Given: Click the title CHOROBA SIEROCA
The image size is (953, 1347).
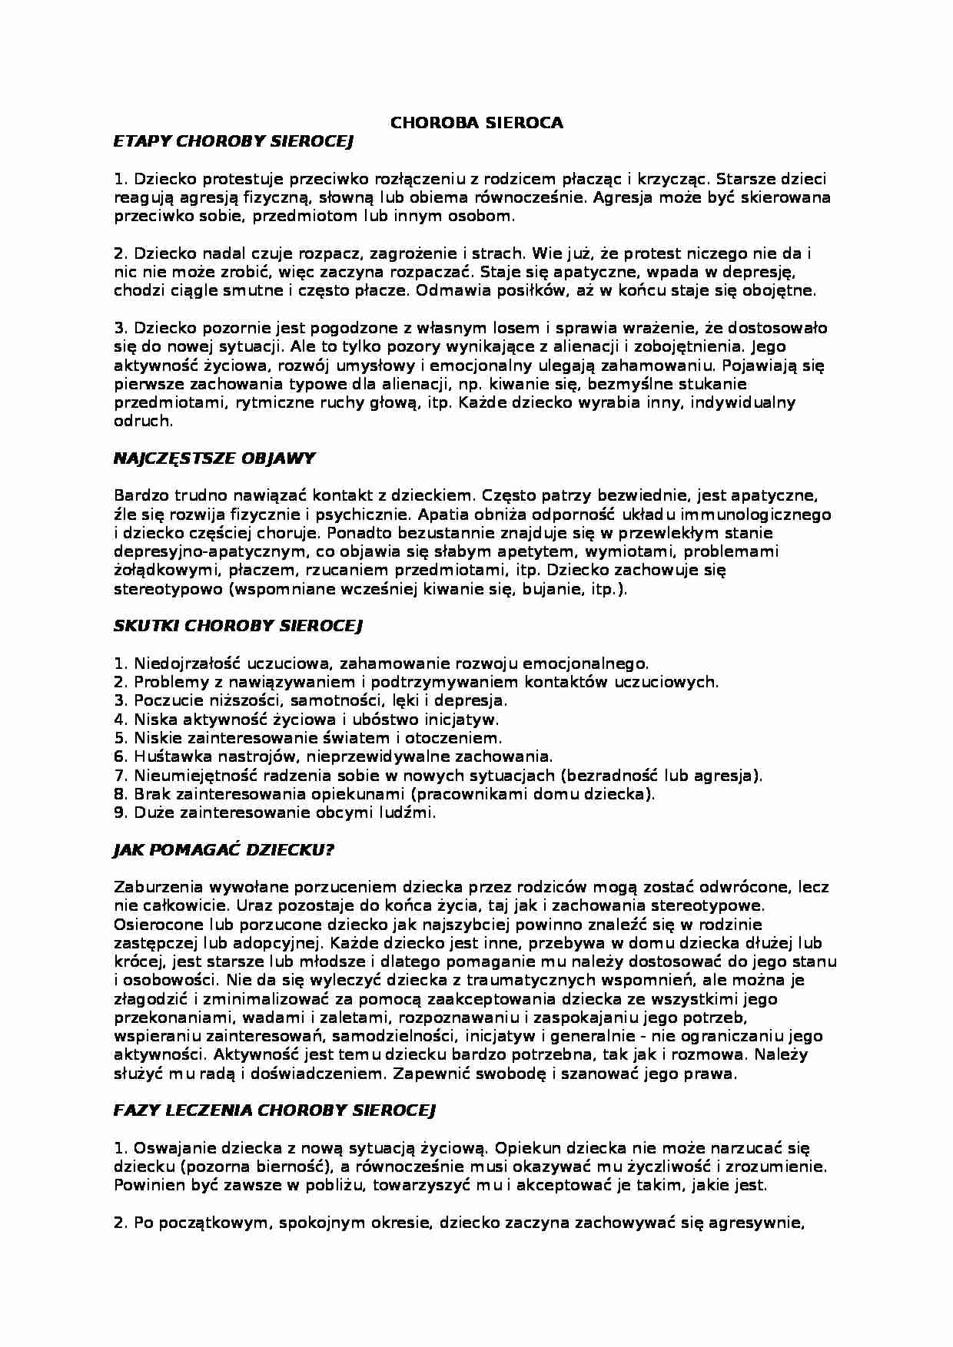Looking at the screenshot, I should pyautogui.click(x=476, y=123).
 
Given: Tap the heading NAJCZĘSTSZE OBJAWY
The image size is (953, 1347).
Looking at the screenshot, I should pyautogui.click(x=214, y=458).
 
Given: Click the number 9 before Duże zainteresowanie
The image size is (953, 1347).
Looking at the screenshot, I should pyautogui.click(x=119, y=813).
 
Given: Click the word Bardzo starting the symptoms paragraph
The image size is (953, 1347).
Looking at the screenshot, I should pyautogui.click(x=136, y=496).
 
